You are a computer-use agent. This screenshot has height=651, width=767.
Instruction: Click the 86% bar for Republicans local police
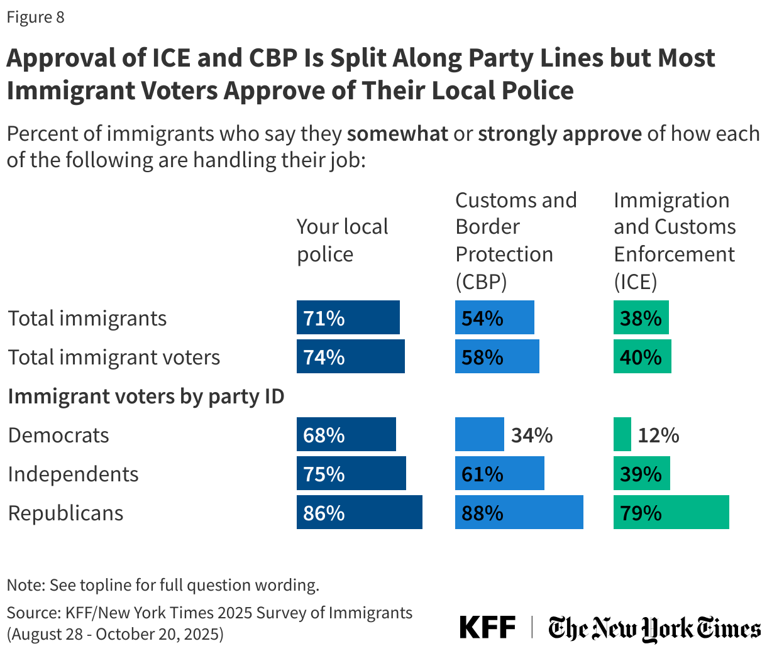coord(359,512)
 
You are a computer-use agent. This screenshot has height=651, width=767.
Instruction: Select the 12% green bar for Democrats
coord(622,434)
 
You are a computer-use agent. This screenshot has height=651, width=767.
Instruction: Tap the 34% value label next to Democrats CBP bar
coord(531,435)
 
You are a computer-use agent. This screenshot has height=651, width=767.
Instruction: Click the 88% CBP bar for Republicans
coord(519,512)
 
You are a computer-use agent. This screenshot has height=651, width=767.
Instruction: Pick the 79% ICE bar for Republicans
coord(671,512)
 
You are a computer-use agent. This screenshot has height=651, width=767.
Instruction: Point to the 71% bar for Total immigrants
coord(348,317)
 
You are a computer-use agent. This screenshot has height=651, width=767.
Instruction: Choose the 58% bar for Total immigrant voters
coord(497,356)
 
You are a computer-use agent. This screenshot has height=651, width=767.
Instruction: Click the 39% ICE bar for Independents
coord(641,473)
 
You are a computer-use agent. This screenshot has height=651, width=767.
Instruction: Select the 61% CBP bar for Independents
coord(499,473)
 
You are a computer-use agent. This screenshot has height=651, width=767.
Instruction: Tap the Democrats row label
coord(58,435)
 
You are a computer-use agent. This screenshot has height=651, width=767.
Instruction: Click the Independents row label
coord(73,474)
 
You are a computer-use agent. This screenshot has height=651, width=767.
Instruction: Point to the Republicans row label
coord(65,513)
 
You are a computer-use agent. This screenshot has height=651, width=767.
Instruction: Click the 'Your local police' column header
coord(342,240)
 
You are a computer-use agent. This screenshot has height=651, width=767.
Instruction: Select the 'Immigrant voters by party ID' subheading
coord(146,396)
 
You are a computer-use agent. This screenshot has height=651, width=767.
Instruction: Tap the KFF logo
coord(487,627)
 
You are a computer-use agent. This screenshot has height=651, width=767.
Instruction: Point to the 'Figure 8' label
coord(35,17)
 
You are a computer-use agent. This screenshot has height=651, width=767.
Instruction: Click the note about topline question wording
coord(163,585)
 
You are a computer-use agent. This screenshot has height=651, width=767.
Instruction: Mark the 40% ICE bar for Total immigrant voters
coord(642,356)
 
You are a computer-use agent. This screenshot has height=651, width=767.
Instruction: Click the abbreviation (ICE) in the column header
coord(635,282)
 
